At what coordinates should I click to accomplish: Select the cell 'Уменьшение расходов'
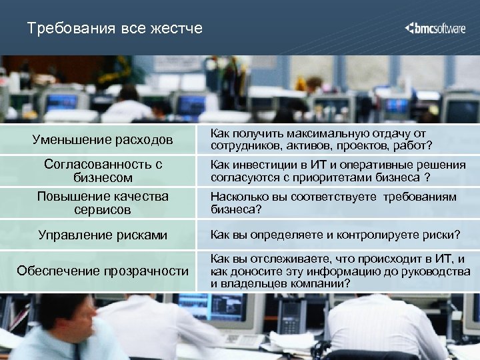click(x=103, y=140)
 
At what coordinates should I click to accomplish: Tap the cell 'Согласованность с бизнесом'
click(x=103, y=171)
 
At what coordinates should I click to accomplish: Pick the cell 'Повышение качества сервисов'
click(x=103, y=203)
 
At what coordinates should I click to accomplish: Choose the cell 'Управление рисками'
click(x=103, y=235)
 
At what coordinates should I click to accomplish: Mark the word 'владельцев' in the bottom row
click(x=253, y=283)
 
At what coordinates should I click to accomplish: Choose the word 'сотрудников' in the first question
click(x=243, y=145)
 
